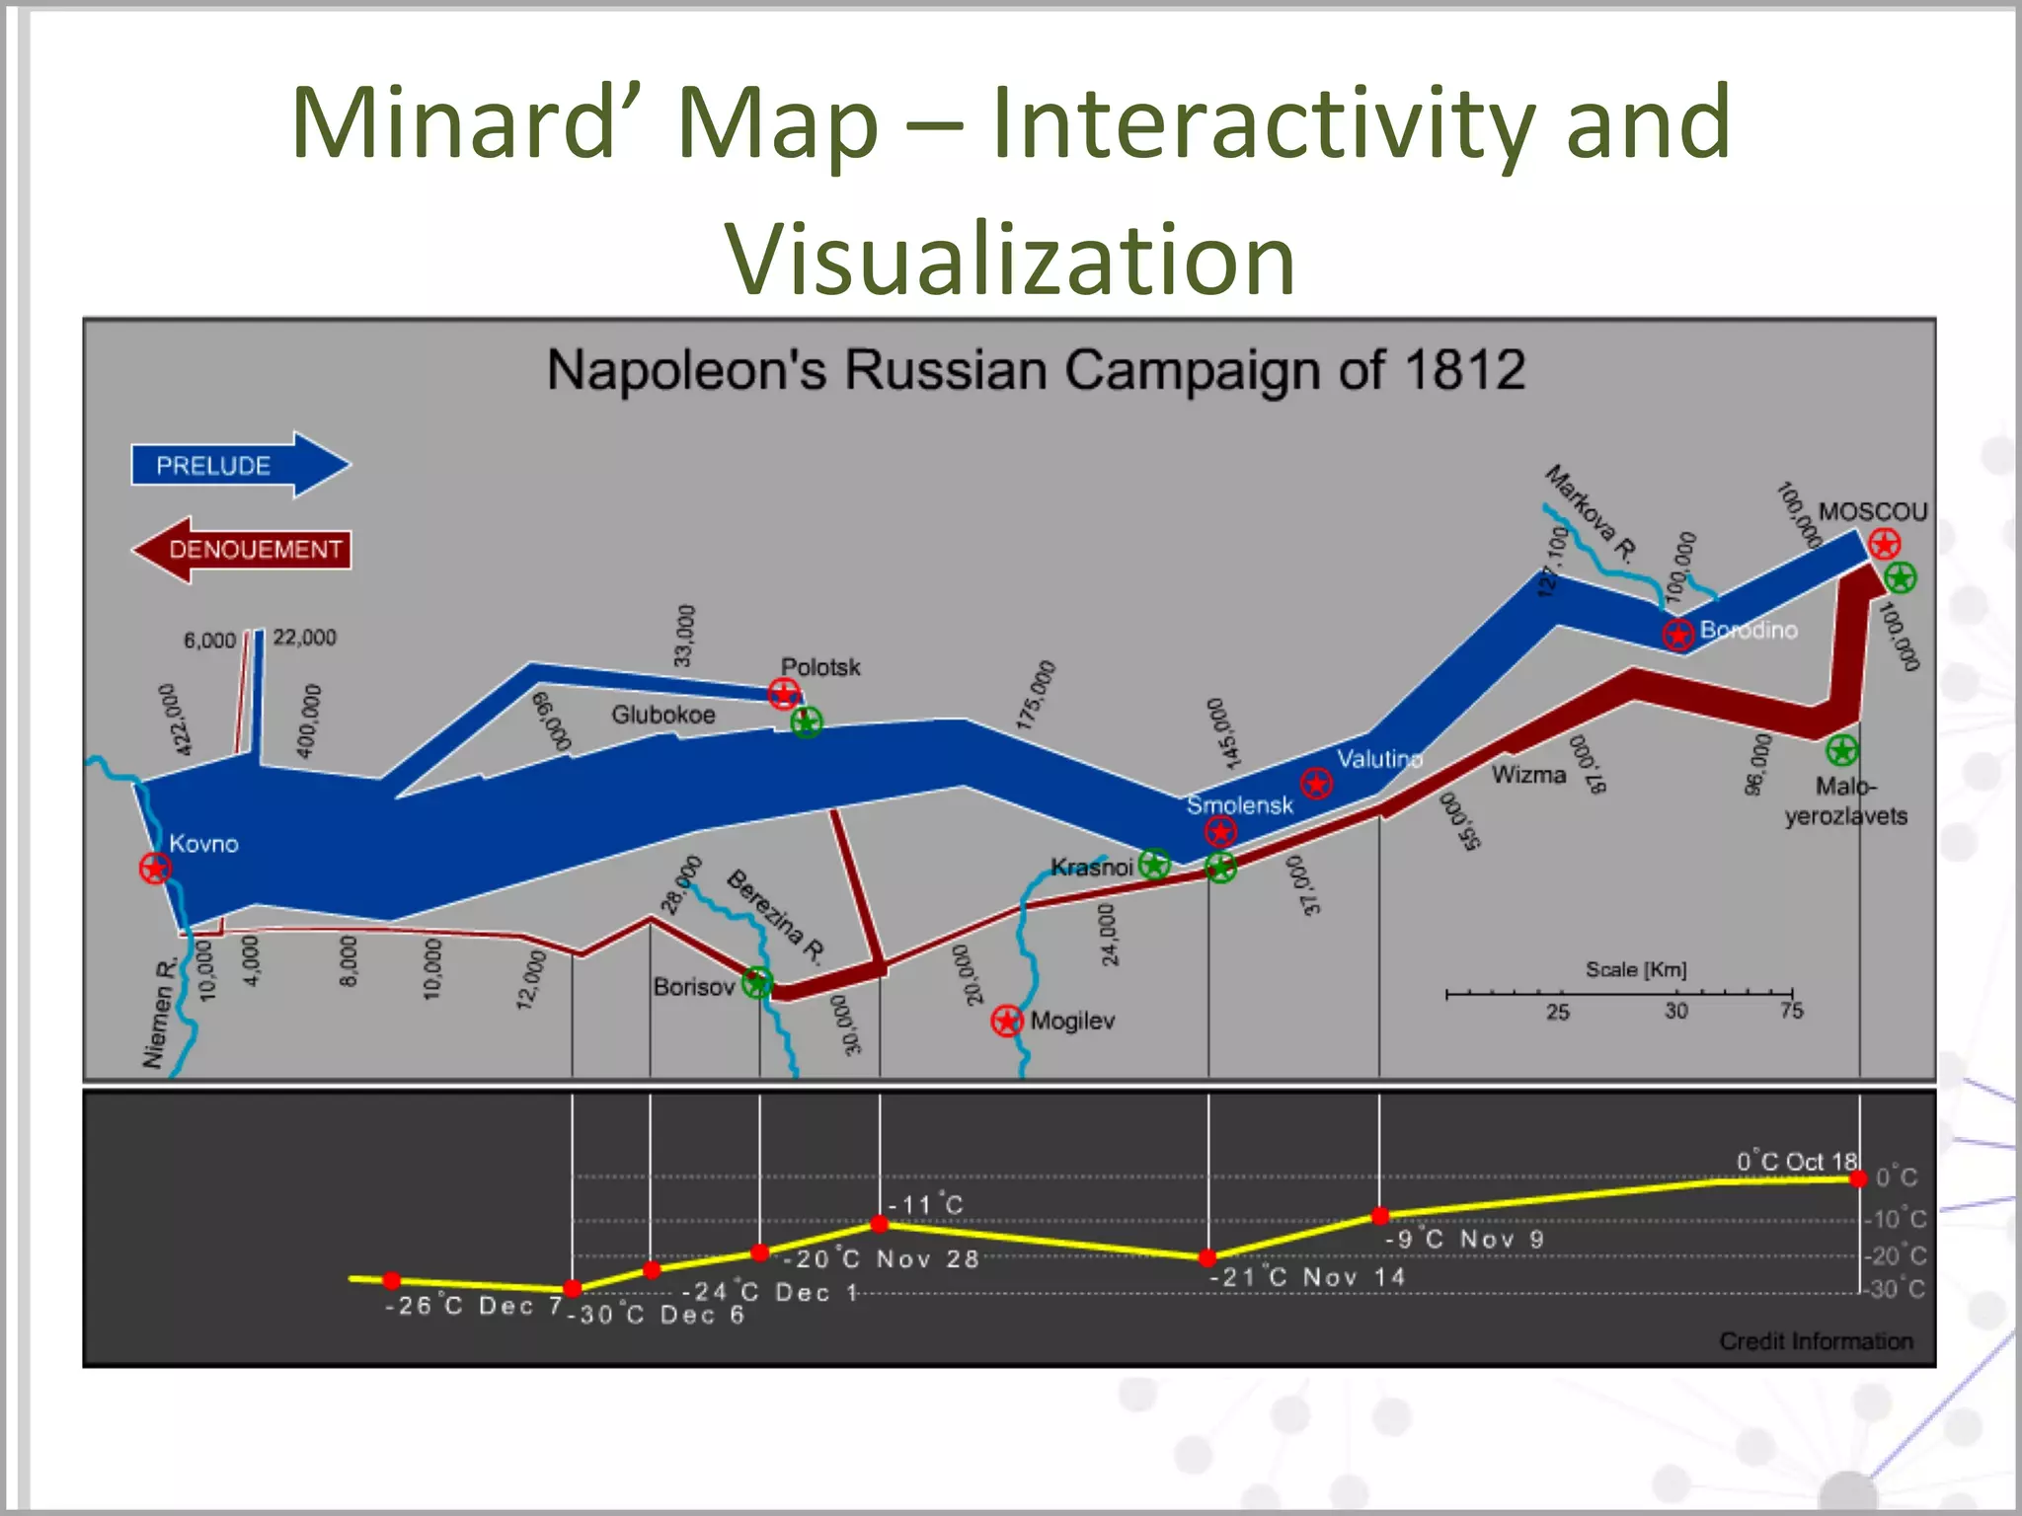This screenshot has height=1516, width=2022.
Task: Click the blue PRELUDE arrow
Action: pos(237,465)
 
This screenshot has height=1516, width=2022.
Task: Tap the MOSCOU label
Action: pos(1873,511)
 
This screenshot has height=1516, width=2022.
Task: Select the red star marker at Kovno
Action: pos(155,869)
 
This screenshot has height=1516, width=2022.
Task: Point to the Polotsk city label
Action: pos(820,667)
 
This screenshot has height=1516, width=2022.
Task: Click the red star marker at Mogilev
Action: pos(1006,1021)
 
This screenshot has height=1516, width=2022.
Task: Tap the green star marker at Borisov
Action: pos(757,983)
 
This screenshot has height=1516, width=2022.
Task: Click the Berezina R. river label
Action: pos(776,916)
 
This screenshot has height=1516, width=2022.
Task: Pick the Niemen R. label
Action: pos(159,1012)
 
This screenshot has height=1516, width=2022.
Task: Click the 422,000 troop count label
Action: pos(176,720)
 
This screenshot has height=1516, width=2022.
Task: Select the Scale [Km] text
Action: pos(1636,969)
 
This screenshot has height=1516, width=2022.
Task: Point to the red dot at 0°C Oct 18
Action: pos(1858,1179)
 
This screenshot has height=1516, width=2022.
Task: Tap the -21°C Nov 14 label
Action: pos(1307,1277)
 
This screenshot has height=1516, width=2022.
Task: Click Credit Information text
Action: pos(1816,1341)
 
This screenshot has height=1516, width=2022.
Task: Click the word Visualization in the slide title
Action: pos(1010,259)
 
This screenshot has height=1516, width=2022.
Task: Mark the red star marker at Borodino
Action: pos(1677,634)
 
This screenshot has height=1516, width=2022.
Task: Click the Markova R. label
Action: pos(1590,512)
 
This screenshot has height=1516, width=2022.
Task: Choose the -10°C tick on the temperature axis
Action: pos(1895,1219)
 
